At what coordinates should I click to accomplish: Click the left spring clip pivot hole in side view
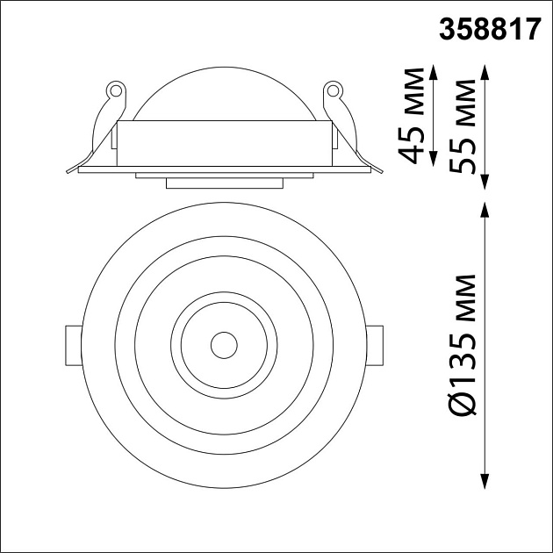tap(112, 90)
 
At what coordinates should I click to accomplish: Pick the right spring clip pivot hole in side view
tap(333, 90)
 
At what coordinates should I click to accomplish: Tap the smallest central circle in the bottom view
tap(223, 343)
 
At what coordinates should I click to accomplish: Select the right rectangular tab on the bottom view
tap(375, 343)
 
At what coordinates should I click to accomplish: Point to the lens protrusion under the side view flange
tap(224, 183)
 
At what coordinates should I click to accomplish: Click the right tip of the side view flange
tap(380, 169)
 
